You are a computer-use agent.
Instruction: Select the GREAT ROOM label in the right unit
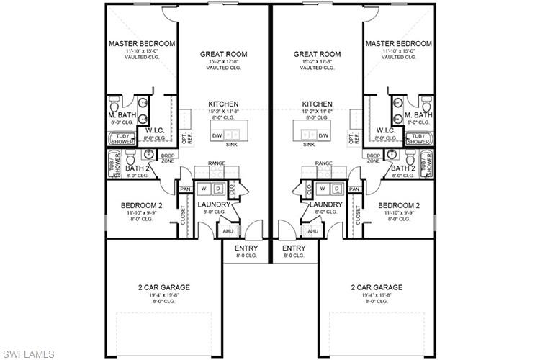[317, 54]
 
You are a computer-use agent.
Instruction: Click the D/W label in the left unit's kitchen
[217, 135]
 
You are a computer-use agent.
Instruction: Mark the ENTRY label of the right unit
[294, 248]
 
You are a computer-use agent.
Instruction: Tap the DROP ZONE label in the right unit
[374, 158]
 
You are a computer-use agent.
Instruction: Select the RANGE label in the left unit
[217, 163]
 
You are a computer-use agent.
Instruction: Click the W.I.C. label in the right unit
[385, 130]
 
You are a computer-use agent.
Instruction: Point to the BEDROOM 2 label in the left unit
[142, 205]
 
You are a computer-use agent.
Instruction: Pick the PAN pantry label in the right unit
[354, 189]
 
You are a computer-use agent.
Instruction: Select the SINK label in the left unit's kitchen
[231, 145]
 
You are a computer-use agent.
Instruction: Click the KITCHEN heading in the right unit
[317, 104]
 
